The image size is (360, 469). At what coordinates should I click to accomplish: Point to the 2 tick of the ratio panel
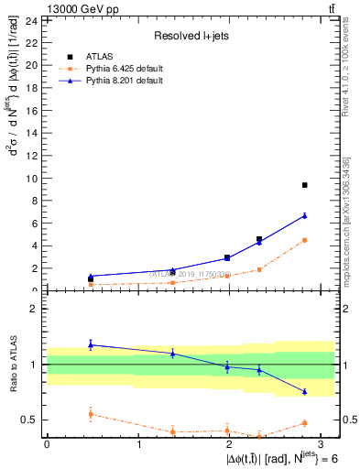point(35,309)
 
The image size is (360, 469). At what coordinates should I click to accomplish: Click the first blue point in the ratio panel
point(90,344)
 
